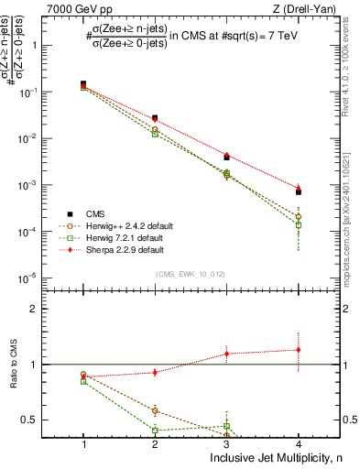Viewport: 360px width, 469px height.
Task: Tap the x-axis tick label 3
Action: click(226, 442)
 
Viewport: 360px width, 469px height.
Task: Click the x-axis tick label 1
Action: click(83, 442)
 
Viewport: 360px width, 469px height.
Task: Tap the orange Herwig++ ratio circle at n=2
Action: click(155, 411)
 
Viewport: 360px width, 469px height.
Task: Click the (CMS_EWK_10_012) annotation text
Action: click(191, 272)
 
